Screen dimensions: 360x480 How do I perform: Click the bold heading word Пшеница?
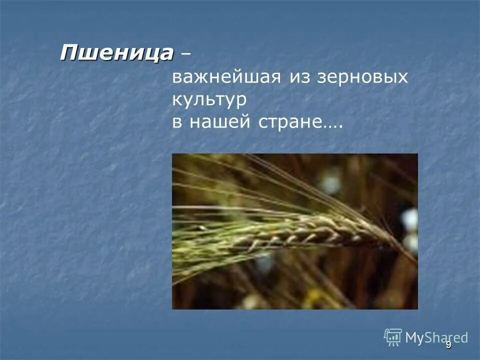click(x=117, y=52)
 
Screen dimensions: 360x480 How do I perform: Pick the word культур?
click(x=210, y=100)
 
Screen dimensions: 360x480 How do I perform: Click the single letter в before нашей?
click(x=177, y=123)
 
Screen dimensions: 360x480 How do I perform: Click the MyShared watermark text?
click(x=436, y=337)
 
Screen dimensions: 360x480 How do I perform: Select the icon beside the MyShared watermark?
click(x=393, y=337)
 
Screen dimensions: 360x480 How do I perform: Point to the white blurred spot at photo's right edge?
click(x=410, y=220)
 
